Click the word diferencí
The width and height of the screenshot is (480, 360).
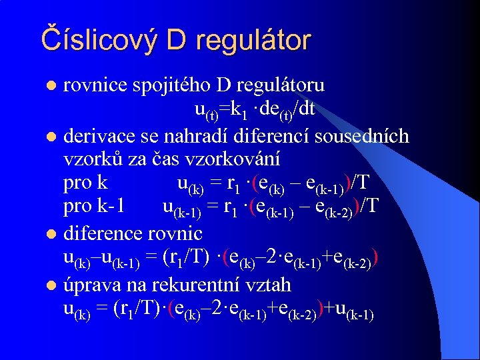click(270, 137)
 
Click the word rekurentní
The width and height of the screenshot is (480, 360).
click(192, 285)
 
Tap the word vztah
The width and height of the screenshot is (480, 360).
click(269, 285)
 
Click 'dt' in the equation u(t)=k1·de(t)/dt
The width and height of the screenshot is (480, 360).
click(307, 108)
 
